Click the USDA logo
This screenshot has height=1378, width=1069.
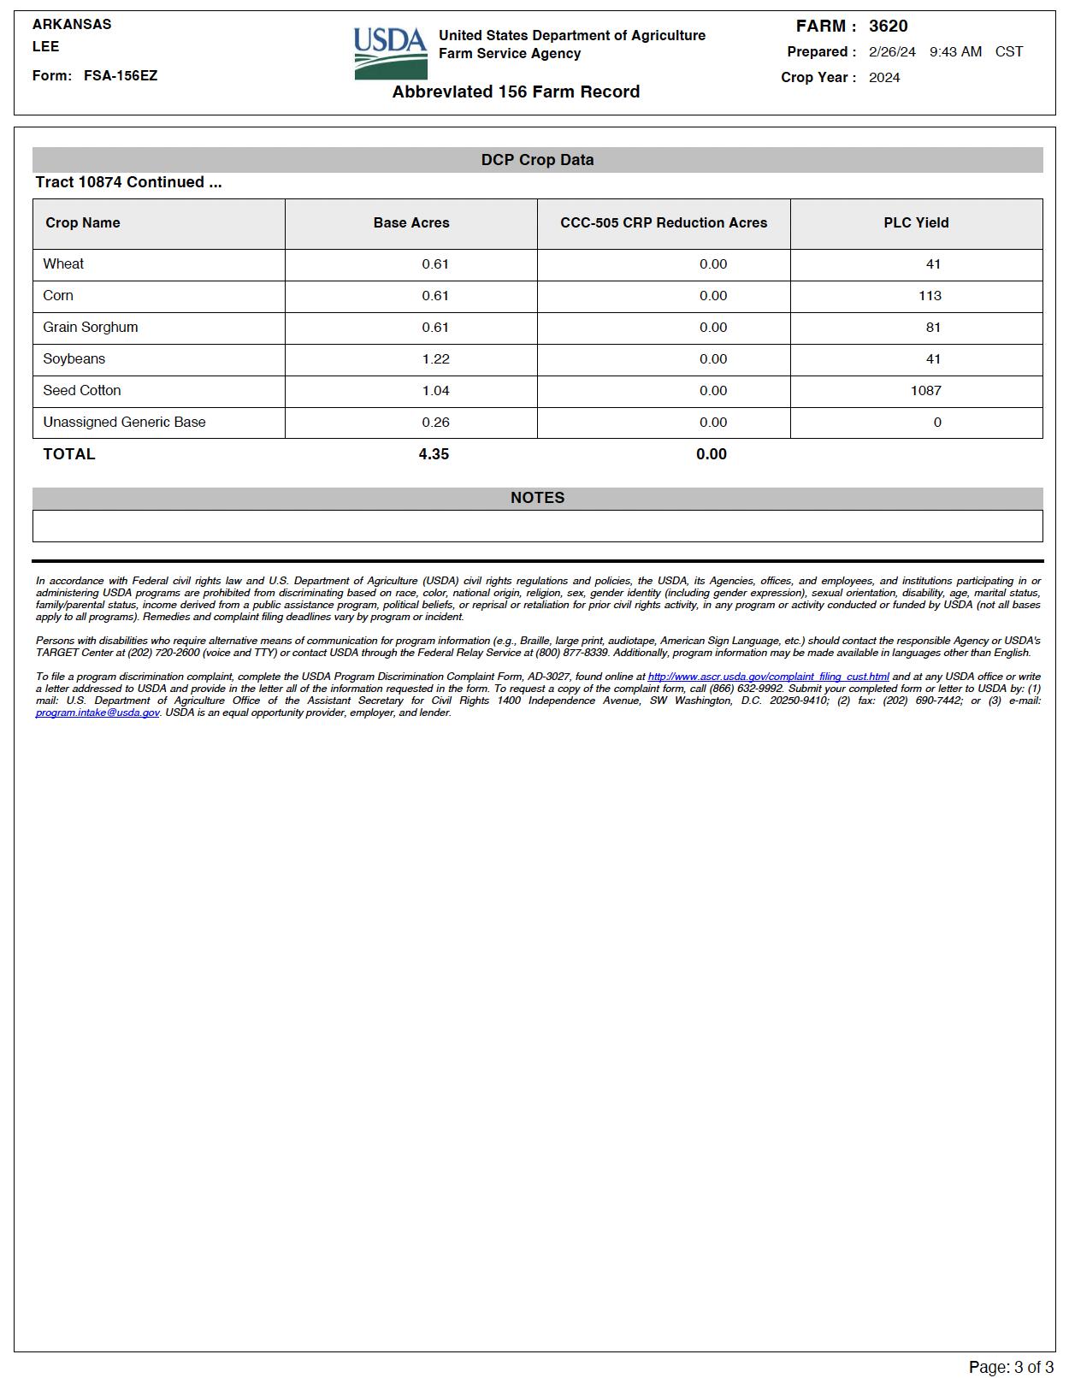point(391,53)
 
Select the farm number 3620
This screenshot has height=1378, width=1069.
point(888,27)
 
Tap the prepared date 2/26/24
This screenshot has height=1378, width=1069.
point(891,52)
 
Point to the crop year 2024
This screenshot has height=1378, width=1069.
point(884,78)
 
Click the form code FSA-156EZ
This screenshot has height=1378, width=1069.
point(121,76)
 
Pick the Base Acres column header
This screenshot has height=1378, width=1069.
point(411,223)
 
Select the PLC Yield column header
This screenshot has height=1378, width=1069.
point(916,223)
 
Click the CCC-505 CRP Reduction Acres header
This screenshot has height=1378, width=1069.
point(664,223)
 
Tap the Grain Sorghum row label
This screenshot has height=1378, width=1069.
point(91,328)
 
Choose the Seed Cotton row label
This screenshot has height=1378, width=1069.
point(82,391)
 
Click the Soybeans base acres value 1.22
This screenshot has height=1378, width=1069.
point(435,359)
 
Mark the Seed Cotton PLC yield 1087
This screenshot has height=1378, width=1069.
point(925,391)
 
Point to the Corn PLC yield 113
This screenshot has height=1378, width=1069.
point(930,296)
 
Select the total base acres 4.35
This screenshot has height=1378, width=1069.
point(434,454)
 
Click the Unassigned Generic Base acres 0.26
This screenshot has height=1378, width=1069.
point(435,423)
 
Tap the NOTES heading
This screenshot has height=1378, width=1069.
point(537,498)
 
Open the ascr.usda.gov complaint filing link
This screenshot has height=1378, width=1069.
point(768,677)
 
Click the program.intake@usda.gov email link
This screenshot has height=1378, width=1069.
point(97,713)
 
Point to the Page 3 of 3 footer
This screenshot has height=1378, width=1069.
point(1011,1367)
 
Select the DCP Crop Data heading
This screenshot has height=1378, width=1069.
point(537,160)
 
